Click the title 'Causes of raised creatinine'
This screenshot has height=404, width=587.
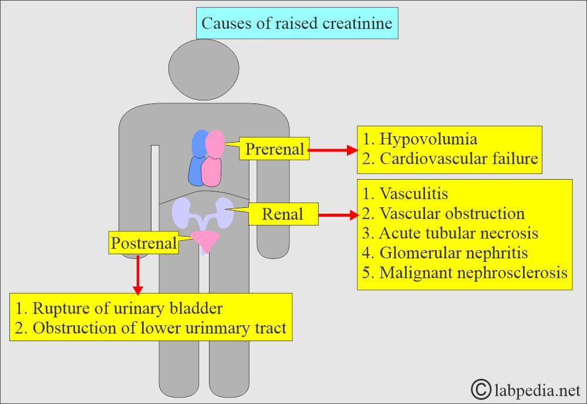click(x=297, y=23)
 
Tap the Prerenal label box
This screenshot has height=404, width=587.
click(x=275, y=149)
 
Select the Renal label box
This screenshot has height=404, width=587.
click(x=282, y=214)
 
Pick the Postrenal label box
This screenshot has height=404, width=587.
click(x=144, y=243)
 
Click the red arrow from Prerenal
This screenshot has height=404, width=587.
click(x=332, y=150)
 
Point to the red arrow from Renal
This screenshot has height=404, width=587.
click(x=338, y=216)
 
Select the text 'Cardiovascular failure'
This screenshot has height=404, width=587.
click(x=458, y=159)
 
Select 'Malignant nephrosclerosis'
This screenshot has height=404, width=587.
click(x=473, y=273)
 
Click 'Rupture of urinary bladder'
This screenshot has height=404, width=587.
click(x=127, y=308)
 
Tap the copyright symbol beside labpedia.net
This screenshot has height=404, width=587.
click(x=481, y=388)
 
